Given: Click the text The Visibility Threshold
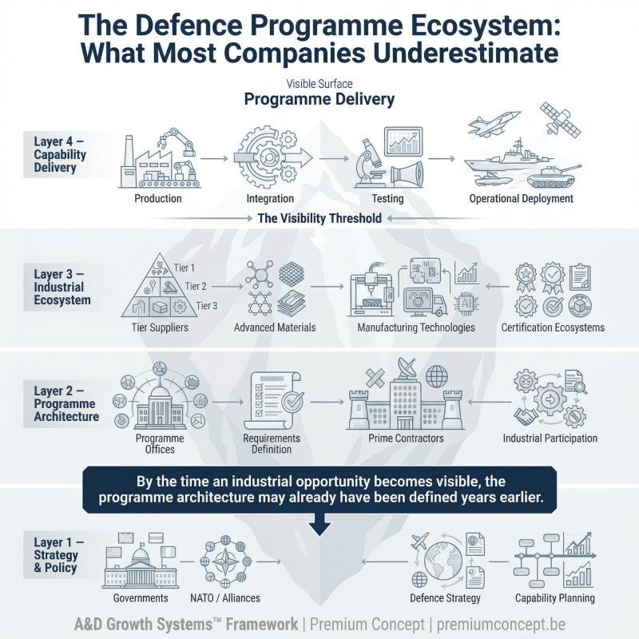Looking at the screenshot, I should pos(319,218).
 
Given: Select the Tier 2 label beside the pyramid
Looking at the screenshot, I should pos(195,286).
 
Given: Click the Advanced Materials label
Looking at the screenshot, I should pos(275,327).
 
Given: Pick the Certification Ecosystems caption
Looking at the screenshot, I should pos(553,327).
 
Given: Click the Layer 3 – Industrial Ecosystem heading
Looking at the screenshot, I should pos(62,288).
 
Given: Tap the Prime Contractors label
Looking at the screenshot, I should pos(406,439).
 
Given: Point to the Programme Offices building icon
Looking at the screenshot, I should pos(157,404).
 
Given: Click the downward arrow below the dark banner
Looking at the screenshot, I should pos(320,524).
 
